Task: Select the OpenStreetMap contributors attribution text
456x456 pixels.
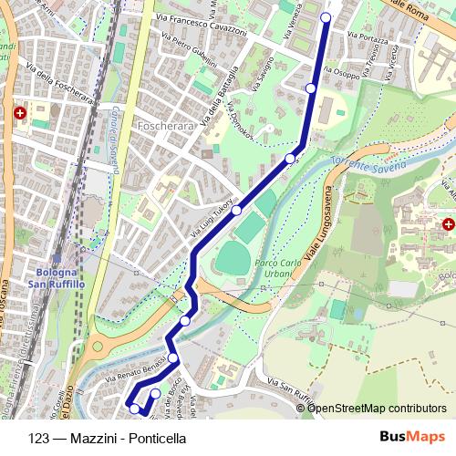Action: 377,408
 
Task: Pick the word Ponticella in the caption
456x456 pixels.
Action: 157,438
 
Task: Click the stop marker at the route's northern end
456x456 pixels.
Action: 326,16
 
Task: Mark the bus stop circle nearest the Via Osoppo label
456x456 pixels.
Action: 311,88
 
